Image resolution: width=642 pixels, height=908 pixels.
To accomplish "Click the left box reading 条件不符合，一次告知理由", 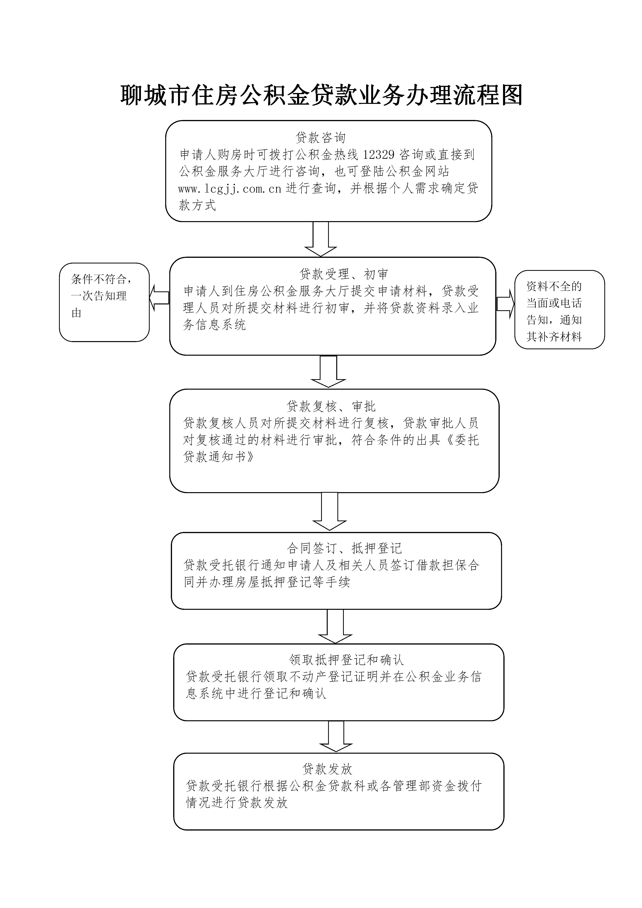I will (x=104, y=302).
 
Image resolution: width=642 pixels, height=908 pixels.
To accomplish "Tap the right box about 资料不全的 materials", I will (x=559, y=310).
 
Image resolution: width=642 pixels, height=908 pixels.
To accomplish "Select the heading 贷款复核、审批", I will (x=331, y=406).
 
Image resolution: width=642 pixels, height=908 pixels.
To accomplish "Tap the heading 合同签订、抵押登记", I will (x=344, y=548).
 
